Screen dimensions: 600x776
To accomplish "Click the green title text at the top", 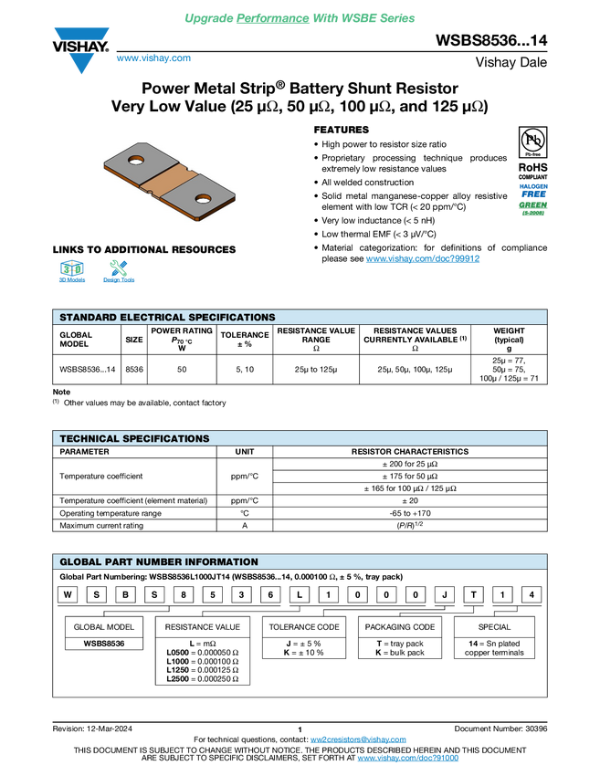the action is tap(300, 17).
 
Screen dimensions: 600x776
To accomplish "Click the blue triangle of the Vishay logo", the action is tap(81, 64).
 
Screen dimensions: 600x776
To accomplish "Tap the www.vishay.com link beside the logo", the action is tap(153, 58).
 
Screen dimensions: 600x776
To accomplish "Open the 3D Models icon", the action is tap(72, 273).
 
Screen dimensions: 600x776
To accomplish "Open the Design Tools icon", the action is tap(119, 273).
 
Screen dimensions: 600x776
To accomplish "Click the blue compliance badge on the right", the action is tap(533, 190).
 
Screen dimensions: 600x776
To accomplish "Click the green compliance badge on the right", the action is tap(533, 208).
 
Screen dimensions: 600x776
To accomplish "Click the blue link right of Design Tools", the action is tap(423, 259).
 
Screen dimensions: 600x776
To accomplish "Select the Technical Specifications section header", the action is tap(134, 439).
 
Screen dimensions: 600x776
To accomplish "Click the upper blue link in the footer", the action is tap(358, 739).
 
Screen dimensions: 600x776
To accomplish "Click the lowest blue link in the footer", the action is tap(407, 759).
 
